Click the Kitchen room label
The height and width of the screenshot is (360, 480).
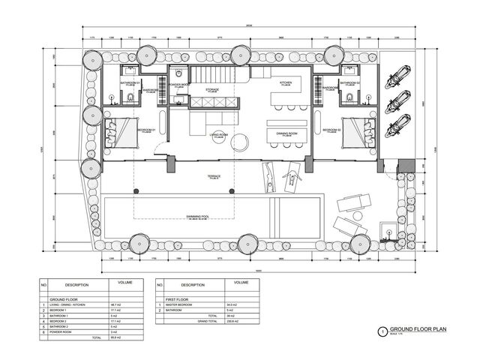coord(285,83)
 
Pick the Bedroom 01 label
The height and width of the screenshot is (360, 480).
coord(145,130)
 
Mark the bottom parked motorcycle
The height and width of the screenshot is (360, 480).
coord(396,126)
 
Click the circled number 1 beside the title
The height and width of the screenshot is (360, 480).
coord(382,331)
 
